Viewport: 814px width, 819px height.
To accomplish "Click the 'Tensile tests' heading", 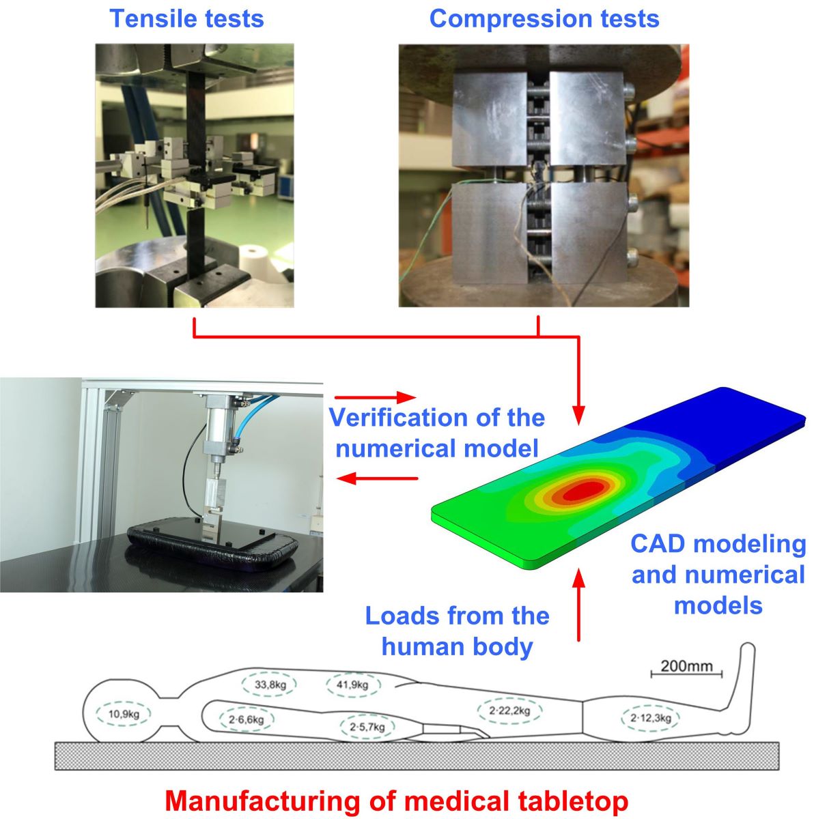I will click(186, 18).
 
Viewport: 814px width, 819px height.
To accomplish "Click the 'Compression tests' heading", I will click(544, 18).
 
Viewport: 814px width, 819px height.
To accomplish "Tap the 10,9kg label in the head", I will click(124, 715).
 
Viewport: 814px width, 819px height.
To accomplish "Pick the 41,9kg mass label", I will click(352, 685).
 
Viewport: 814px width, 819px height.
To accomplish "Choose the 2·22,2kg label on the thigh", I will click(510, 710).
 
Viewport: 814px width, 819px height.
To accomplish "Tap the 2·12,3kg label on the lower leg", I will click(650, 718).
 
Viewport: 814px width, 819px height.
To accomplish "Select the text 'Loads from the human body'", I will click(457, 630).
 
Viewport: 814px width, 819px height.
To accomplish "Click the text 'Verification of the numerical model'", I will click(437, 433).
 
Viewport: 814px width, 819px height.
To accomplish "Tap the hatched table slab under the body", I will click(417, 756).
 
